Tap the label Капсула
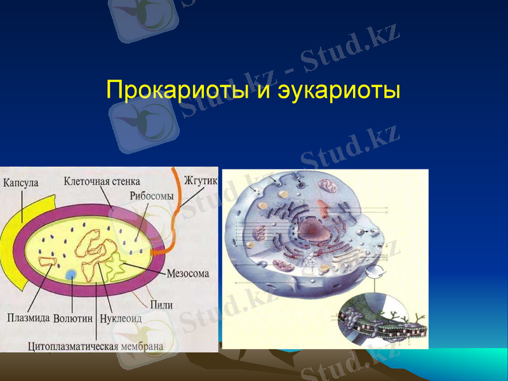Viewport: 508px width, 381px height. tap(20, 182)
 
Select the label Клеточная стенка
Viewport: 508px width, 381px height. tap(102, 181)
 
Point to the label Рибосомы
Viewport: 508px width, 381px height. tap(151, 196)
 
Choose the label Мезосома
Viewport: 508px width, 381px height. tap(189, 274)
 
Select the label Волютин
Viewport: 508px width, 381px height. tap(74, 317)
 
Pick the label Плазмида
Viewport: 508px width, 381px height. tap(29, 317)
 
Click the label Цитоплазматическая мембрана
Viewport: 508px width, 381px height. tap(96, 346)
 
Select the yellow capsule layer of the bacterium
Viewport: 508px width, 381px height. tap(35, 210)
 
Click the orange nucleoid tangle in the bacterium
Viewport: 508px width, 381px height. tap(92, 251)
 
